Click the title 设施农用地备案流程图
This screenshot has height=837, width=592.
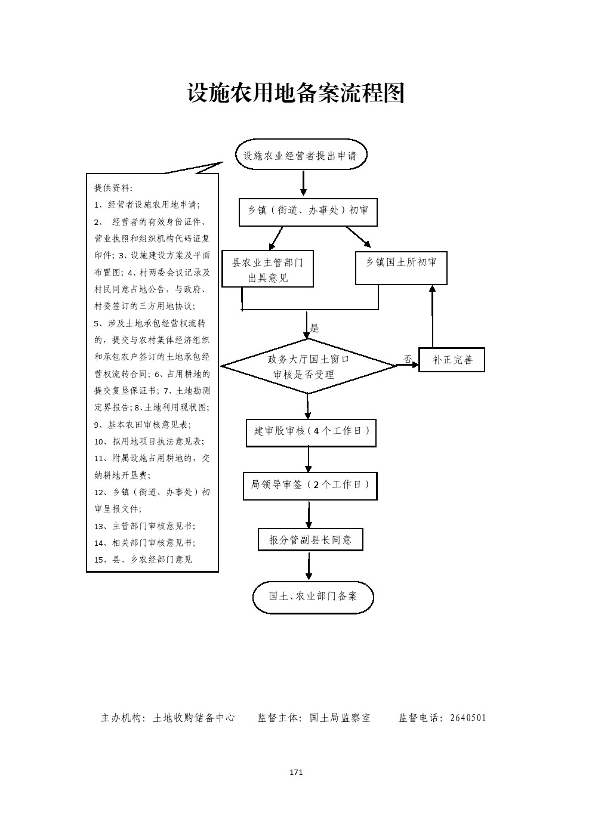pos(296,93)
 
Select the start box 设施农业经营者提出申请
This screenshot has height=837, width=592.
pos(301,156)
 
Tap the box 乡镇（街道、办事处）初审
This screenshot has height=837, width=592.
pos(308,211)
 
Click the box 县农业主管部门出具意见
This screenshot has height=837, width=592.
pos(267,270)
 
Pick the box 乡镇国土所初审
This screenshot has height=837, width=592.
pos(401,262)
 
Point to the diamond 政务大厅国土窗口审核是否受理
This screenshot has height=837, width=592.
pos(308,366)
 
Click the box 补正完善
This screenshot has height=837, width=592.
pos(452,360)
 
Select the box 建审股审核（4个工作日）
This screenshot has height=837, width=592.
pos(311,431)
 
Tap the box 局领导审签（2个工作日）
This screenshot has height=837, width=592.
pos(310,485)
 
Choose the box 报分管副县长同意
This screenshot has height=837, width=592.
pos(310,539)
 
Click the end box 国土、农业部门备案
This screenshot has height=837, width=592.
pos(313,596)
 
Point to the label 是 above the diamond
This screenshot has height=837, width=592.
pos(314,328)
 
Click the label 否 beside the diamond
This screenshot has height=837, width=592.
pos(408,359)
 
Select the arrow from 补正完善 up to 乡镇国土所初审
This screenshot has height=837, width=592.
pos(433,316)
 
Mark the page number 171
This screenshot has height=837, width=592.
pos(296,772)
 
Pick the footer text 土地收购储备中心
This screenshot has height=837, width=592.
pos(194,718)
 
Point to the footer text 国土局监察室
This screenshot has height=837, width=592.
pos(340,718)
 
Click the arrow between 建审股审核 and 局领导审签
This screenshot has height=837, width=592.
pos(309,459)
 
